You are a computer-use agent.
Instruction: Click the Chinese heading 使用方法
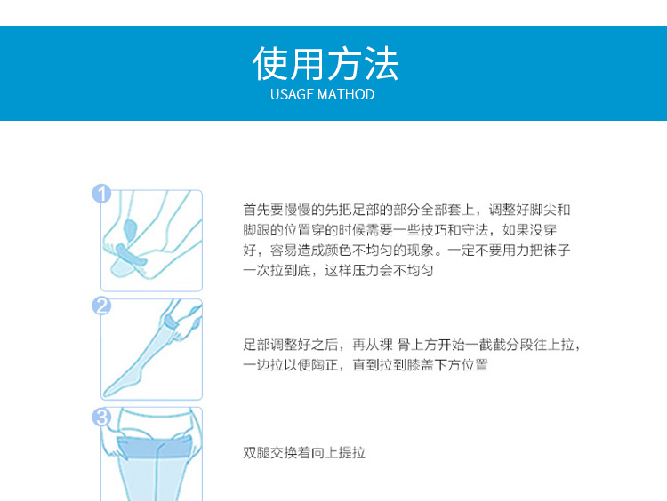[325, 64]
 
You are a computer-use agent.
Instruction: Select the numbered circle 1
[101, 194]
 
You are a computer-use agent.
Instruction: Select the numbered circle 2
[101, 306]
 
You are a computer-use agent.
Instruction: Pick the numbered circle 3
[101, 417]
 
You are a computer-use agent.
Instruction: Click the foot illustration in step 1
[151, 241]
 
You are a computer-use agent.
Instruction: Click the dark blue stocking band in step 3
[155, 448]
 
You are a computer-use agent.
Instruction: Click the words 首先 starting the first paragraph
[256, 210]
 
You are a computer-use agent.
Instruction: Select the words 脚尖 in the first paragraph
[542, 210]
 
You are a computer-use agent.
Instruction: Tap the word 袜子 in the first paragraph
[557, 250]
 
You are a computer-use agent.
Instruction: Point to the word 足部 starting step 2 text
[256, 345]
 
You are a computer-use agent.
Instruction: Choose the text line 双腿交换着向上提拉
[304, 453]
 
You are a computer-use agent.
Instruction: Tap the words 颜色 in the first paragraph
[338, 250]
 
